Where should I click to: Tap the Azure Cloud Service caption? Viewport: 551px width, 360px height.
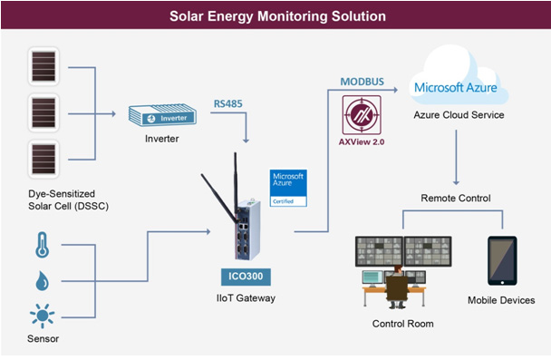pyautogui.click(x=459, y=115)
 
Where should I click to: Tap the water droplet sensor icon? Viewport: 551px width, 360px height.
pyautogui.click(x=42, y=280)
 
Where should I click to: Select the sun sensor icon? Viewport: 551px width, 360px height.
pyautogui.click(x=42, y=317)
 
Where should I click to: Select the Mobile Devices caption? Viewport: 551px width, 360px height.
pyautogui.click(x=501, y=300)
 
